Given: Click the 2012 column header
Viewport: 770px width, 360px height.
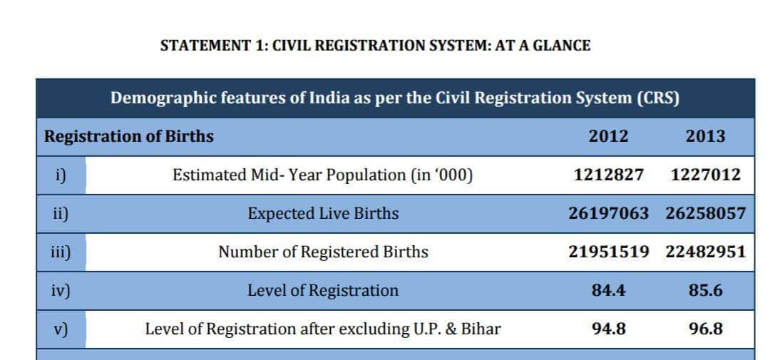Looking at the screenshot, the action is click(x=608, y=136).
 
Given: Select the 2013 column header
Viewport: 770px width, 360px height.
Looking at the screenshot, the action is click(x=705, y=136).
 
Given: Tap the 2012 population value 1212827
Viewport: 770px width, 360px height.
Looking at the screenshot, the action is click(x=608, y=175).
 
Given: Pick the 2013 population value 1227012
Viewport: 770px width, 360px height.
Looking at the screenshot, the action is click(x=706, y=175).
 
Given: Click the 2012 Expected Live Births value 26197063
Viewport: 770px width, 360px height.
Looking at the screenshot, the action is click(x=608, y=213).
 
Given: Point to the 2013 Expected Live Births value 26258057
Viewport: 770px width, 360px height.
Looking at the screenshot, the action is click(x=706, y=213).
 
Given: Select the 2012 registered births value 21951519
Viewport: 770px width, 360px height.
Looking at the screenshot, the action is click(x=608, y=252).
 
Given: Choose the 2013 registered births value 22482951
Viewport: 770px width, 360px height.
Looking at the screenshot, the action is click(x=706, y=252).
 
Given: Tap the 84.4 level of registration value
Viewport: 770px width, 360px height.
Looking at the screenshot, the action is click(x=608, y=290).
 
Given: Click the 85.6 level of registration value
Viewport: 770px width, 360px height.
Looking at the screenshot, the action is click(x=706, y=290).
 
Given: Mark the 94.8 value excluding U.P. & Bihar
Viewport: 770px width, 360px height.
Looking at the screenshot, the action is click(x=608, y=329).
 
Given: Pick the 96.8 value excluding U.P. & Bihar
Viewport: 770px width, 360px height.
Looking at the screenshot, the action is click(x=706, y=329).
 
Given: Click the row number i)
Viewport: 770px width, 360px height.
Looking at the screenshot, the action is click(x=60, y=175).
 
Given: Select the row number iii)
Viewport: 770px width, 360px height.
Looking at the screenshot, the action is click(x=60, y=252).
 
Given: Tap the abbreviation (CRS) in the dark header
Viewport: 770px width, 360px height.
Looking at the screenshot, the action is click(x=658, y=98).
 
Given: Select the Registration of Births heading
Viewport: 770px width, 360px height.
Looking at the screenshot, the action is click(x=128, y=137).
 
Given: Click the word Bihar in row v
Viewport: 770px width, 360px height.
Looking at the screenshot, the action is click(x=481, y=329).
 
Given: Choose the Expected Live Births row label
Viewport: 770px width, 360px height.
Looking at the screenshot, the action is click(x=323, y=214).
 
